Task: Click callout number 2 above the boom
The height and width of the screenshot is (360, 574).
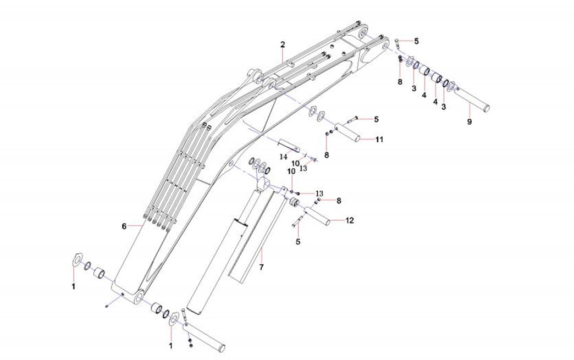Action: tap(283, 44)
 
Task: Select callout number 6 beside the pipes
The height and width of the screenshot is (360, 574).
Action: tap(124, 226)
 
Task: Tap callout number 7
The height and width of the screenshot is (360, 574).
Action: tap(262, 267)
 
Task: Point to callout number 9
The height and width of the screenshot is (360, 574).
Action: tap(469, 122)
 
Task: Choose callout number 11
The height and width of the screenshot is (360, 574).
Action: tap(379, 140)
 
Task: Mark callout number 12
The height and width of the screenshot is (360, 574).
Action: tap(350, 221)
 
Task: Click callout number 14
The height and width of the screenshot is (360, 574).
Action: tap(284, 156)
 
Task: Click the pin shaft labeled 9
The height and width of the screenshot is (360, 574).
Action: tap(473, 99)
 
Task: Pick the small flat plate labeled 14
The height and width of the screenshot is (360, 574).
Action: tap(289, 146)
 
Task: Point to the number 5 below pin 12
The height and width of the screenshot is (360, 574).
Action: tap(298, 241)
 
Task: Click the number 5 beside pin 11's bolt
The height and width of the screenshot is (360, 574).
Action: tap(377, 119)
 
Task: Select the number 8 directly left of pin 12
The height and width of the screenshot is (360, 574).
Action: tap(339, 201)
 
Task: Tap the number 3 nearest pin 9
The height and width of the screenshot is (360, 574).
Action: tap(444, 106)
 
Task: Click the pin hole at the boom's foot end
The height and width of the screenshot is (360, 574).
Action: tap(138, 297)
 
